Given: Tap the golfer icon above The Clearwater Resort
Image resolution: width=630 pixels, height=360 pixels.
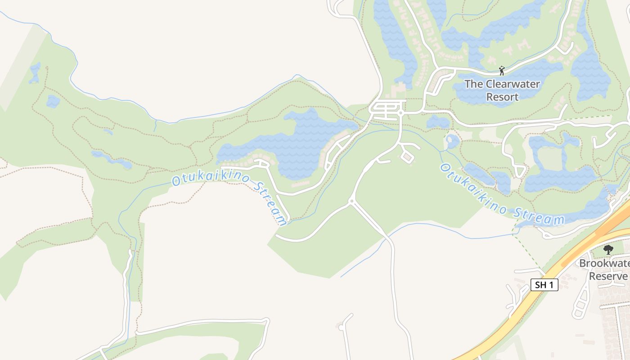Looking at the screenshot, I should [x=502, y=71].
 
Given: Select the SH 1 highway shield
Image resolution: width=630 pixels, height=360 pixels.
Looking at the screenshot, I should [x=544, y=285].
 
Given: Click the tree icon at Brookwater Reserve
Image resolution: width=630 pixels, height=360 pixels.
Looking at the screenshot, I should [x=608, y=249].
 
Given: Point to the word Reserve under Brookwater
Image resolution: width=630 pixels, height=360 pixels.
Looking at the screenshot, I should [x=608, y=276].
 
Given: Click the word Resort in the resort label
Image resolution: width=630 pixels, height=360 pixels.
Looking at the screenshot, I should [x=502, y=97].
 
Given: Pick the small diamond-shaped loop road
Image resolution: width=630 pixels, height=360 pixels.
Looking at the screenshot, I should [x=407, y=157].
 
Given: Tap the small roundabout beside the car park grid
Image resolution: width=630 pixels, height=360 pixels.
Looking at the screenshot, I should [x=400, y=113].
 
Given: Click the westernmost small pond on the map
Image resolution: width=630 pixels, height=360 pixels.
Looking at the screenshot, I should [x=34, y=73].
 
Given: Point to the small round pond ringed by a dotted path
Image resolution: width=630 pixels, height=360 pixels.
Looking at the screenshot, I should [x=452, y=141].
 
